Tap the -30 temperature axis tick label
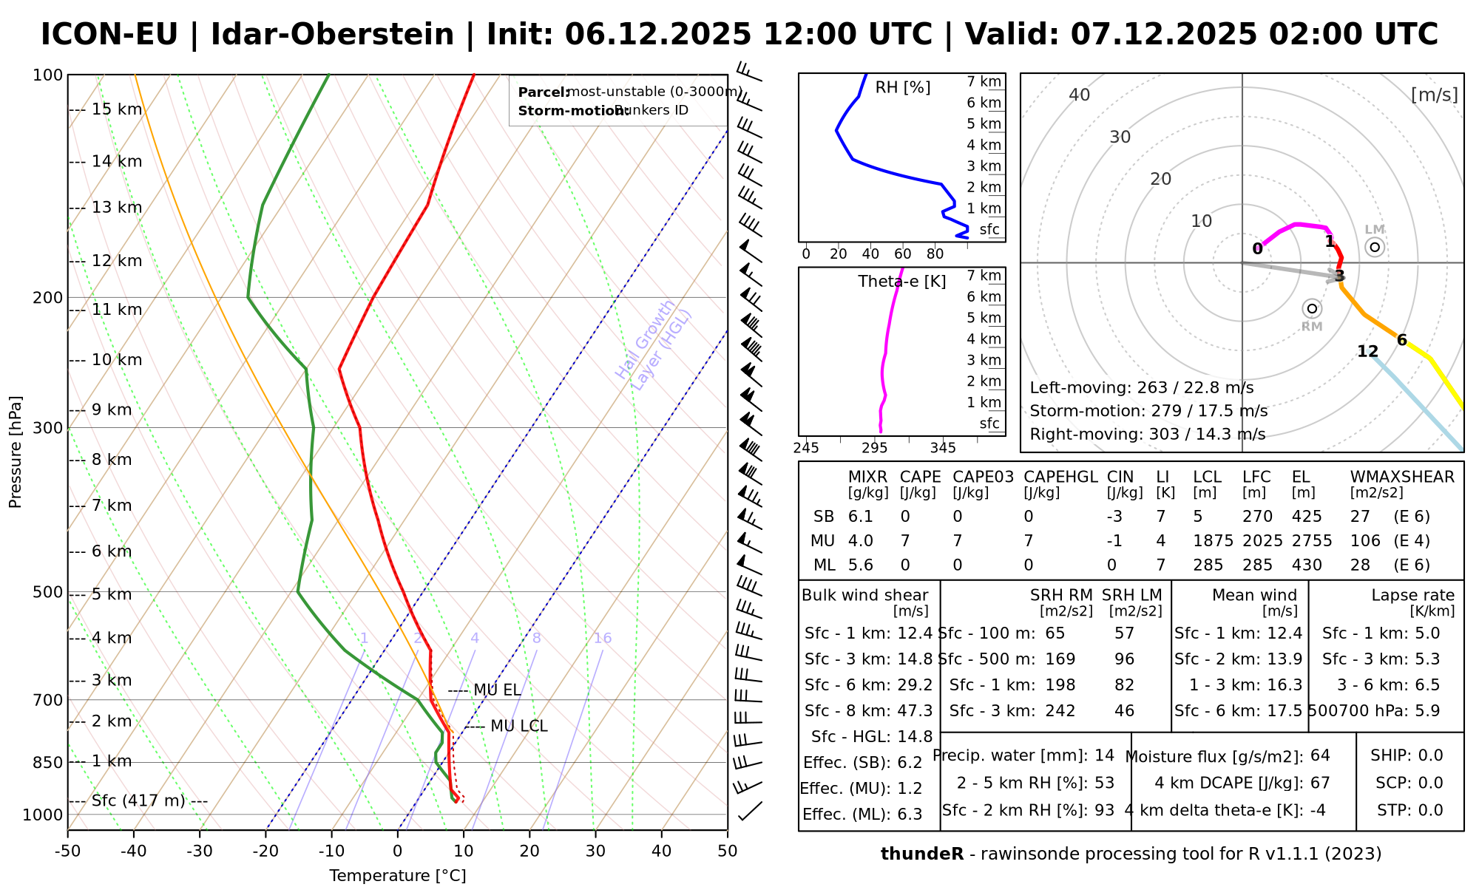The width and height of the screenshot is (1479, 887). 200,852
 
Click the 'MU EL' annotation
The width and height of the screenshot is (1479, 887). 497,690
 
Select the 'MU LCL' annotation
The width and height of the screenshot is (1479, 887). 518,727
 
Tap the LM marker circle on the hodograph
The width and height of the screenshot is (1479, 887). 1375,247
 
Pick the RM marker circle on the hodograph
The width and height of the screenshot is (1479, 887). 1312,308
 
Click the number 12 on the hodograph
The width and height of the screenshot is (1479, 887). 1368,352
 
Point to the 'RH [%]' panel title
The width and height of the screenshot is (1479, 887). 902,88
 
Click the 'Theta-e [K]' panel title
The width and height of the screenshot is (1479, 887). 901,282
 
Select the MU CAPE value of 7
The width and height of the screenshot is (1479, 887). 905,541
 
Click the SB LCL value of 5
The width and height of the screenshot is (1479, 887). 1197,517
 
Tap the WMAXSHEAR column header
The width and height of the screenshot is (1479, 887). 1402,477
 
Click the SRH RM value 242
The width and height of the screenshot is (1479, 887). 1060,711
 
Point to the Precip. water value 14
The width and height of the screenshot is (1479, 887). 1104,755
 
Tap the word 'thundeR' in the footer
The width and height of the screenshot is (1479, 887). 922,854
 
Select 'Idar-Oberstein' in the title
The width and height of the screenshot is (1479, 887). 332,35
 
